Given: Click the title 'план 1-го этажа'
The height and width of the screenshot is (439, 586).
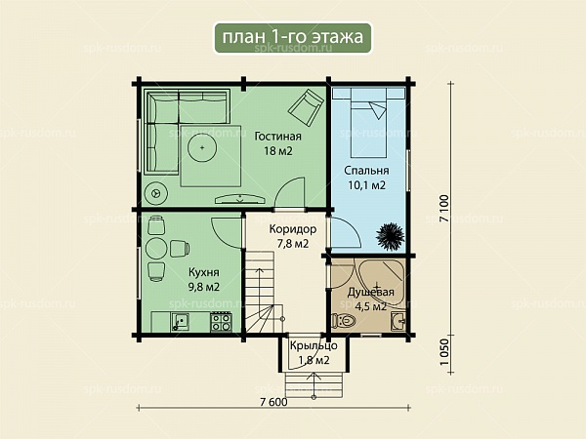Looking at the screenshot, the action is click(x=293, y=37).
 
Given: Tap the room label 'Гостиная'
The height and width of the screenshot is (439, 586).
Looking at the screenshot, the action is click(x=277, y=137).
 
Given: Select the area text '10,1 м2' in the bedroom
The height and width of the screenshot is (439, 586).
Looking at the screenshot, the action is click(x=366, y=185).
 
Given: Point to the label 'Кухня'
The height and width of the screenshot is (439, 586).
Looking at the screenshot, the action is click(x=204, y=272).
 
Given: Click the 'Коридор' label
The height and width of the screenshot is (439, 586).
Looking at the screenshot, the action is click(x=293, y=229).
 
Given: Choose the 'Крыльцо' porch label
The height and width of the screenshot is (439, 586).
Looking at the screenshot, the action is click(x=314, y=345).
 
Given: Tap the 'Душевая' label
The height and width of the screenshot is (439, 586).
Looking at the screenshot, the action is click(x=371, y=292).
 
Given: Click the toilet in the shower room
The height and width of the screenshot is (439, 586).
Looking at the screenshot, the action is click(x=344, y=321).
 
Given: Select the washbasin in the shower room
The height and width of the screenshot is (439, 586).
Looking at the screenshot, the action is click(x=398, y=321).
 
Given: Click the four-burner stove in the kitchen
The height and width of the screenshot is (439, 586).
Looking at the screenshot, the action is click(x=222, y=322).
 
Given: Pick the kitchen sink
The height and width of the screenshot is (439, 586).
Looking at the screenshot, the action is click(x=180, y=322).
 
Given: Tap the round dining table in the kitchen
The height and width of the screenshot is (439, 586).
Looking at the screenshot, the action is click(x=156, y=249).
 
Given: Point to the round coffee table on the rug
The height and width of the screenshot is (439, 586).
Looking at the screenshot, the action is click(x=202, y=148).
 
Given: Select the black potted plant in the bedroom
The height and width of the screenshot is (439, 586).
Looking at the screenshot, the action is click(x=390, y=237).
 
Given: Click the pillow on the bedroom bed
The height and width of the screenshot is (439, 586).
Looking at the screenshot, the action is click(x=378, y=109).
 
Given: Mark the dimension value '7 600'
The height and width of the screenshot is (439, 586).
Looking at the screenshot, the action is click(x=273, y=402).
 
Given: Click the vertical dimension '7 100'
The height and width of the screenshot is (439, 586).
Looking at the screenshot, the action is click(x=444, y=209).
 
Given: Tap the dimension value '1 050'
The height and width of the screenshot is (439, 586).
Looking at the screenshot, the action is click(x=444, y=352).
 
